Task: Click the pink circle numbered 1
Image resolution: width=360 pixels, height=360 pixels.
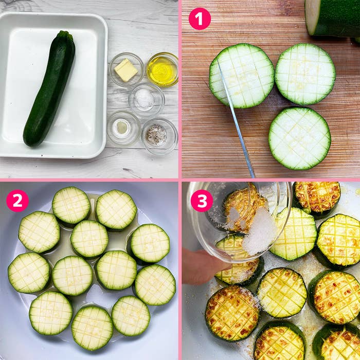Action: point(200,19)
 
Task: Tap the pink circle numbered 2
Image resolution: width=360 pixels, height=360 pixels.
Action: point(17,201)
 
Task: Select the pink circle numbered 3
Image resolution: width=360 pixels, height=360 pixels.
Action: point(202,201)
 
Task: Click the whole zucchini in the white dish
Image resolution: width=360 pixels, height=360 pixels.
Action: point(49,89)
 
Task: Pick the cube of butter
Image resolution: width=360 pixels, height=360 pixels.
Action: point(126,70)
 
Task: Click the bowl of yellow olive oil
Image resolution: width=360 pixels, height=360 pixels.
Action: point(163,69)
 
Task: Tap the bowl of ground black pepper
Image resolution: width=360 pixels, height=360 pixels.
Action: point(159,136)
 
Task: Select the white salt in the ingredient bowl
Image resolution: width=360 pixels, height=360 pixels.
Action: point(144,98)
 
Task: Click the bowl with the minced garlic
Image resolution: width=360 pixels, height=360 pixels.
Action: point(123,128)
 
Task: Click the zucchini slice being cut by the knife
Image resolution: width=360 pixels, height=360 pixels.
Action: point(242,76)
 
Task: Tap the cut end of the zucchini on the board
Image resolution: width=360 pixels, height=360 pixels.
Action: point(312,17)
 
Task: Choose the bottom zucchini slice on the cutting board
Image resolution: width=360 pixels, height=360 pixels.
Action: point(300,138)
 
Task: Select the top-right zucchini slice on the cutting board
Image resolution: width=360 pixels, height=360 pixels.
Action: point(305,74)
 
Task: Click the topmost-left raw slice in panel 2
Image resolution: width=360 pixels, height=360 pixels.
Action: point(71,206)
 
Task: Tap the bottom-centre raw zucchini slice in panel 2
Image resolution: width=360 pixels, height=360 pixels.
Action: point(92,328)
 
